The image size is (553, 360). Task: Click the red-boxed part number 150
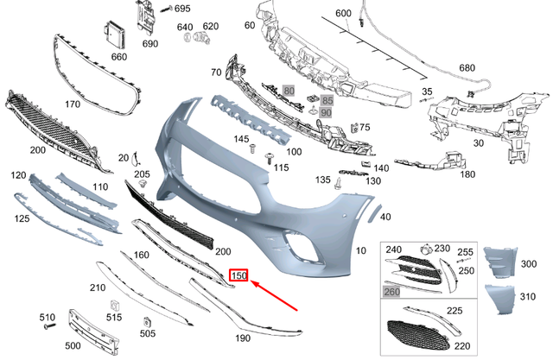238,277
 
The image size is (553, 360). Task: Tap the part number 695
181,9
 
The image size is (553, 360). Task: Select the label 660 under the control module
119,56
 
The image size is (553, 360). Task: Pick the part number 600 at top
343,13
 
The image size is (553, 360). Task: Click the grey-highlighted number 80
289,90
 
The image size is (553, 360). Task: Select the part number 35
427,91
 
